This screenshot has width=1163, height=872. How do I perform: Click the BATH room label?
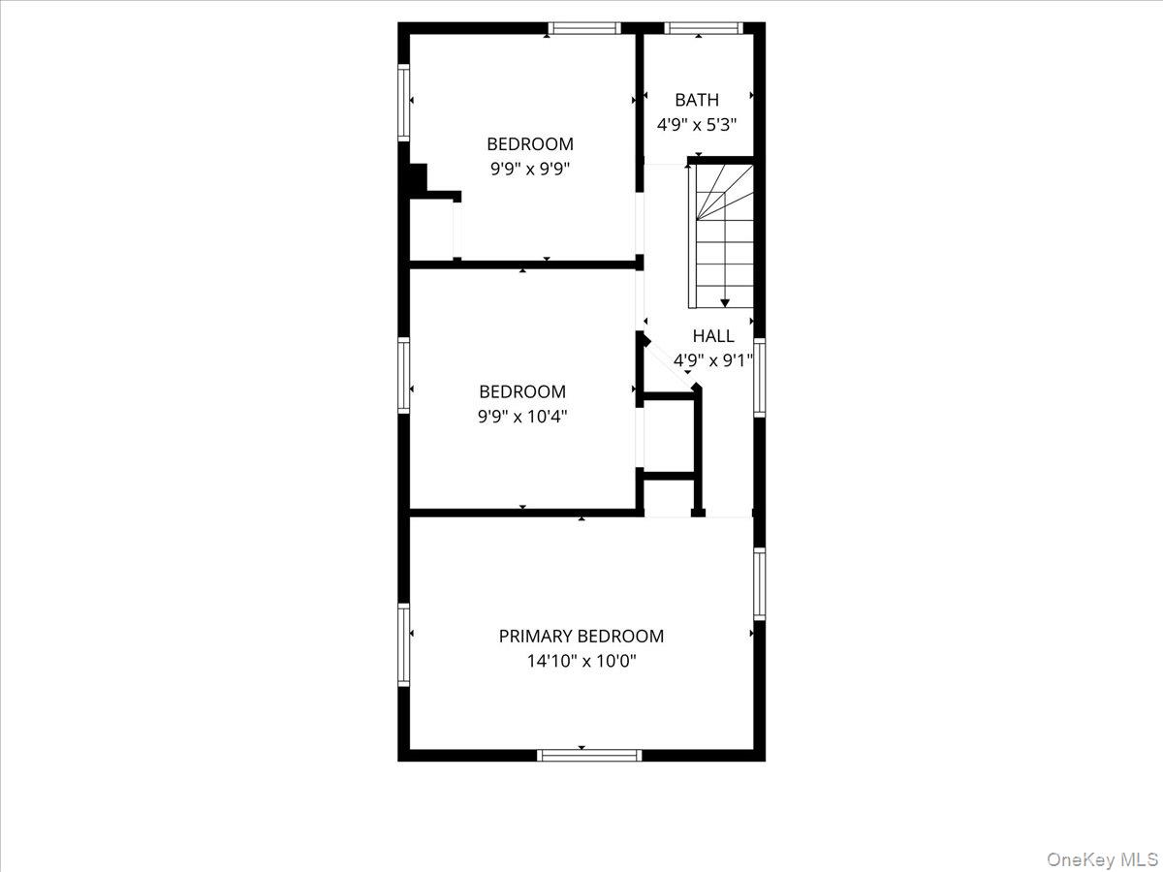pyautogui.click(x=697, y=100)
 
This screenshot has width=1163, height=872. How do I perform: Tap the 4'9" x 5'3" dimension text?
pyautogui.click(x=697, y=125)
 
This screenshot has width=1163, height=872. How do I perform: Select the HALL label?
pyautogui.click(x=712, y=336)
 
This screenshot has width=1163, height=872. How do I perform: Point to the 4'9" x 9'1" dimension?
pyautogui.click(x=712, y=360)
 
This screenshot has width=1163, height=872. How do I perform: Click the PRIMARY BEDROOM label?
pyautogui.click(x=581, y=637)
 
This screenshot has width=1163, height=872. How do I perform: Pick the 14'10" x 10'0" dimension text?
pyautogui.click(x=581, y=662)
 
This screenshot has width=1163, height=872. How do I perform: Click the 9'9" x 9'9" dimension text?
pyautogui.click(x=530, y=168)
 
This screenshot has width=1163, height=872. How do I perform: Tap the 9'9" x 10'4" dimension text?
pyautogui.click(x=522, y=417)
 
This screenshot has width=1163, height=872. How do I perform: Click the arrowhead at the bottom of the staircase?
pyautogui.click(x=725, y=303)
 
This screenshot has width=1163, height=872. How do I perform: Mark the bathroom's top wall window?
pyautogui.click(x=704, y=28)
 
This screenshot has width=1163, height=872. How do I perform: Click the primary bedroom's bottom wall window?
pyautogui.click(x=589, y=755)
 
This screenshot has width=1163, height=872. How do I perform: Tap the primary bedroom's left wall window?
pyautogui.click(x=404, y=644)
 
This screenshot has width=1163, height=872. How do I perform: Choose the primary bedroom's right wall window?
pyautogui.click(x=759, y=583)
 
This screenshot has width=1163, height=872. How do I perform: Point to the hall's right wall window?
pyautogui.click(x=759, y=377)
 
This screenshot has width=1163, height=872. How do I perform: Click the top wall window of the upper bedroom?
pyautogui.click(x=583, y=28)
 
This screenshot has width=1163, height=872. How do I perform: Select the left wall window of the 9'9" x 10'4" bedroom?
pyautogui.click(x=404, y=375)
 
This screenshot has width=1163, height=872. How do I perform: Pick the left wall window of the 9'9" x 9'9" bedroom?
pyautogui.click(x=404, y=103)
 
